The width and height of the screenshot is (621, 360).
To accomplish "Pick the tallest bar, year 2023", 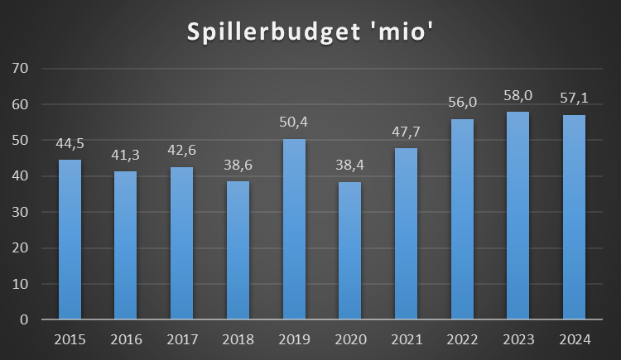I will point(518,216).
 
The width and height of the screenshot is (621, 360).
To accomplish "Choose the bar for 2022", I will point(462,219).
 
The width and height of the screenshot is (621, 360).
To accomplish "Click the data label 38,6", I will point(238,166).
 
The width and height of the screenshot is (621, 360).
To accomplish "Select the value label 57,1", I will point(575,99).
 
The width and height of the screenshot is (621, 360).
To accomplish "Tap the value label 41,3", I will point(125,156).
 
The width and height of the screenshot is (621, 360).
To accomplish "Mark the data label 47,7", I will point(406,132).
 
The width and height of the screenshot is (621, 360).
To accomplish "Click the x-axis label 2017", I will point(181,340).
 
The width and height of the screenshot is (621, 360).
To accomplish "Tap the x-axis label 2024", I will point(575,340).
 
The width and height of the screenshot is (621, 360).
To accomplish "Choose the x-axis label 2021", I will point(406,340).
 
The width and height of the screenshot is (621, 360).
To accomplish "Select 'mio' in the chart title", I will point(402,33).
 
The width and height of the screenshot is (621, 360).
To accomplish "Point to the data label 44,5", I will point(69,144).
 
